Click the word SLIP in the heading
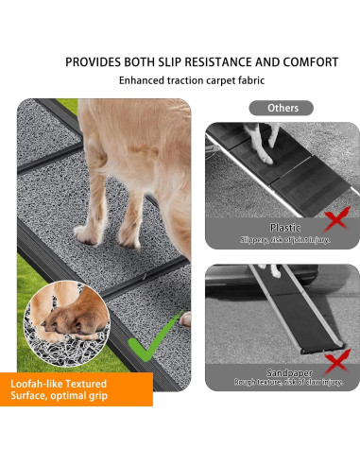(x=161, y=62)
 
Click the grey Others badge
(x=281, y=108)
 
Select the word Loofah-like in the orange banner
(x=38, y=385)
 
